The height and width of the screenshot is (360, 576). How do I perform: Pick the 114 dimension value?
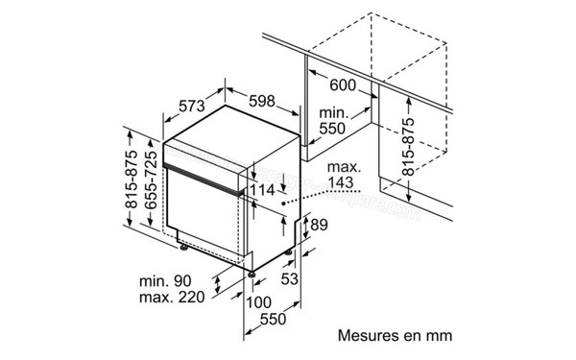click(261, 190)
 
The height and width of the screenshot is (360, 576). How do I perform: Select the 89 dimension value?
click(320, 226)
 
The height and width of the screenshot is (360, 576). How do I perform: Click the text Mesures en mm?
click(395, 337)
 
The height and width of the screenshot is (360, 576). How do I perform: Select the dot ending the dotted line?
click(283, 204)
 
